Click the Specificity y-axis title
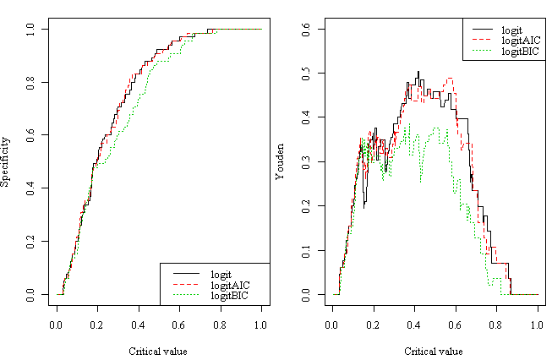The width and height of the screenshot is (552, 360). tap(6, 161)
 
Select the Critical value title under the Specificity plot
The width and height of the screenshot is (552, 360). tap(158, 351)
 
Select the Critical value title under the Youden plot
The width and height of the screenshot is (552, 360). tap(434, 351)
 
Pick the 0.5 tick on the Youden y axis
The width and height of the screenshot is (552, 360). tap(307, 74)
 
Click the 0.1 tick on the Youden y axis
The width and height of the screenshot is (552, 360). tap(307, 251)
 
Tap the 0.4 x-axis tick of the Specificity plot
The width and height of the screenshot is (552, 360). tap(138, 324)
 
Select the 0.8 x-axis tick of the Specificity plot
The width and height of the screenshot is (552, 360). tap(220, 324)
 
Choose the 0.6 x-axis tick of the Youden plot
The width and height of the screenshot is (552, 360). tap(456, 324)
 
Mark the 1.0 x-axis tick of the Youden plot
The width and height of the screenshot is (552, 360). tap(538, 324)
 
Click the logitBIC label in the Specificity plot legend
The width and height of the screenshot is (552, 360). tap(229, 296)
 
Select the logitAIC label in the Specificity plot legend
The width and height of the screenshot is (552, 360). tap(229, 285)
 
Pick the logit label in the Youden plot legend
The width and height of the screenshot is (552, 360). tap(513, 30)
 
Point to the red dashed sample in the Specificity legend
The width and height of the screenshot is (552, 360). tap(187, 285)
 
